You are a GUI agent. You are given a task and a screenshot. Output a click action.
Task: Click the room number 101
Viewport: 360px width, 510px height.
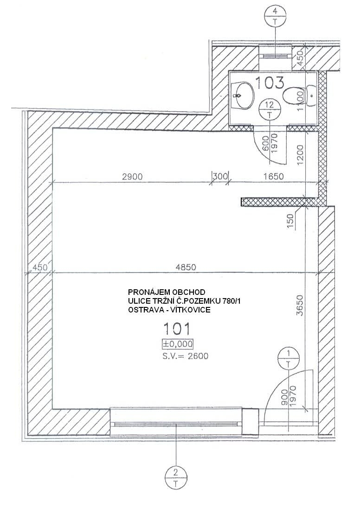(176, 329)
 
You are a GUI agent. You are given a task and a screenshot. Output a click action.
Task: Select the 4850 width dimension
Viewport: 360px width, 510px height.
(186, 267)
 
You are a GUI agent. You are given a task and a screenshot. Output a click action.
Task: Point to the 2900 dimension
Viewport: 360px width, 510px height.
(132, 177)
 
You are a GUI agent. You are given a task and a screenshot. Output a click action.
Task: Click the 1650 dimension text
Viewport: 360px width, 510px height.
(273, 177)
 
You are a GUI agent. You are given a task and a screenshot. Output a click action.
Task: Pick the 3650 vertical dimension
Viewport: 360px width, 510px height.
(300, 306)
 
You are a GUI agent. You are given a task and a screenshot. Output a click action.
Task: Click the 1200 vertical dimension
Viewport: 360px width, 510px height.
(300, 154)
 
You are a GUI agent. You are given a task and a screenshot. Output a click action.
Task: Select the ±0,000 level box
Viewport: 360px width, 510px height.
(178, 344)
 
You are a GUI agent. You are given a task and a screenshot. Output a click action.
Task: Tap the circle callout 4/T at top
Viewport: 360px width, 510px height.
(276, 15)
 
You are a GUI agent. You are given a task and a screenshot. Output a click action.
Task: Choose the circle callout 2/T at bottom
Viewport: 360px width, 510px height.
(176, 478)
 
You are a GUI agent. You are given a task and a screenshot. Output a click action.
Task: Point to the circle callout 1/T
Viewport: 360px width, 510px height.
(288, 358)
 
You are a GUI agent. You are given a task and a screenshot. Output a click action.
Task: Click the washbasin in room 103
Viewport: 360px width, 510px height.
(244, 96)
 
